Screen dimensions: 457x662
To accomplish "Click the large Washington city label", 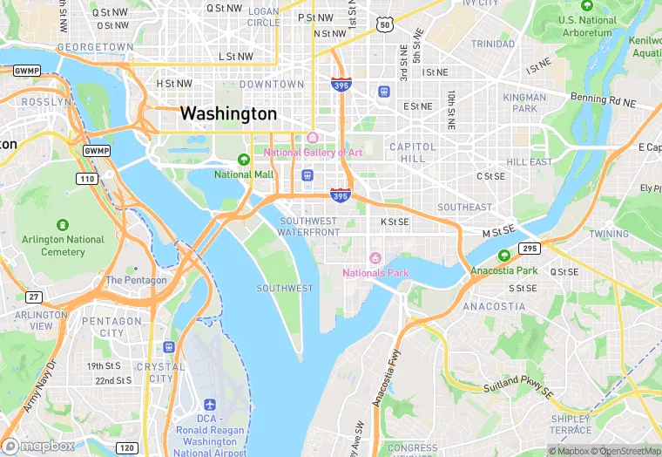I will coord(228,114).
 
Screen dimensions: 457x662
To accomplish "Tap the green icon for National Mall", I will coord(245,160).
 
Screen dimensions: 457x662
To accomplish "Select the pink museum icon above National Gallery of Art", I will coord(312,138).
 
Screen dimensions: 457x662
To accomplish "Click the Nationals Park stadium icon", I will coord(375,258).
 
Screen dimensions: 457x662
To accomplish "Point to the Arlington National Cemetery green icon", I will coord(63,225).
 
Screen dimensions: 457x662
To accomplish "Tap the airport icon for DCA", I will coord(209,406).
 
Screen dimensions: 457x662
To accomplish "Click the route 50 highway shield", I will coord(385,26).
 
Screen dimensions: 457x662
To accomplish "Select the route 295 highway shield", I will coord(530,249).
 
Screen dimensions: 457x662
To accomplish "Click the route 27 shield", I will coord(33,297).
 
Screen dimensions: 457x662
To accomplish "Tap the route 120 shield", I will coord(127,447).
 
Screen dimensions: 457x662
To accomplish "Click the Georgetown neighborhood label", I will coord(95,46).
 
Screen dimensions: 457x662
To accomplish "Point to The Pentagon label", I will coord(136,281).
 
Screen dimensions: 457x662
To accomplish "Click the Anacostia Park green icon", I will coord(504,256).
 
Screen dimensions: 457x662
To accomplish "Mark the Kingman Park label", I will coord(525,103).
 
